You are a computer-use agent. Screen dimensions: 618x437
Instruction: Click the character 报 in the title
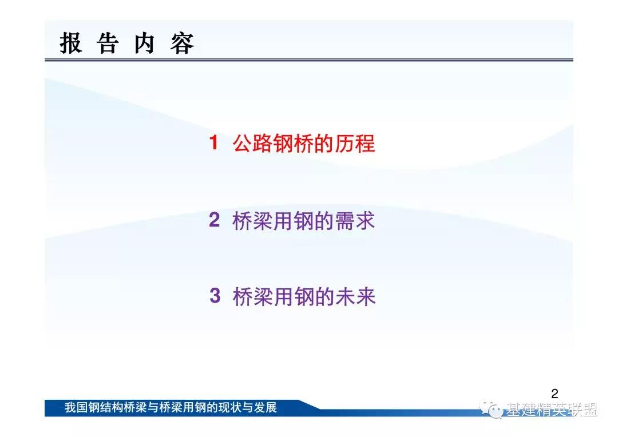(71, 43)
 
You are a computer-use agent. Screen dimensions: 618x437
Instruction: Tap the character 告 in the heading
(108, 43)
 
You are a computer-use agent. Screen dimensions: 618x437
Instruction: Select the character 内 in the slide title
(144, 43)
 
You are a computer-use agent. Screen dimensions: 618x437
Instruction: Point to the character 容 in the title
(182, 43)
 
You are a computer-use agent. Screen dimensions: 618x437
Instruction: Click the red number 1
(213, 142)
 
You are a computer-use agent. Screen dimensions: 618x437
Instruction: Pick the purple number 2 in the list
(214, 220)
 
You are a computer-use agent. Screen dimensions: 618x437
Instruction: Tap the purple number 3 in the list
(215, 296)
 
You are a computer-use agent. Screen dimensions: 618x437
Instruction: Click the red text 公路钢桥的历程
(303, 142)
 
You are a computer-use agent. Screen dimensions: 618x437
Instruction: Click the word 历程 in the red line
(355, 142)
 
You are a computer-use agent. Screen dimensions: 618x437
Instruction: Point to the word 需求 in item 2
(355, 220)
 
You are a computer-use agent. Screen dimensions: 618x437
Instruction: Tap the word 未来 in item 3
(355, 296)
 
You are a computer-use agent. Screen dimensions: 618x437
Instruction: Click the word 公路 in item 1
(252, 142)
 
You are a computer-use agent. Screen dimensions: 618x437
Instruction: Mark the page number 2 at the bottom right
(554, 394)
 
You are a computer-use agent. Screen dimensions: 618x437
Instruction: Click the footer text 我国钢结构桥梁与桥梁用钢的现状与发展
(171, 407)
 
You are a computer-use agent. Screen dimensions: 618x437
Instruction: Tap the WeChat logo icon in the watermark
(491, 410)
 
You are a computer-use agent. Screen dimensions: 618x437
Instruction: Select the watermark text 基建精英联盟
(552, 410)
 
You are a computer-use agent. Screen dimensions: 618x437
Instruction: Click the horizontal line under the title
(308, 60)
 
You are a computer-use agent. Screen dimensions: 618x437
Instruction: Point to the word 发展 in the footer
(266, 407)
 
